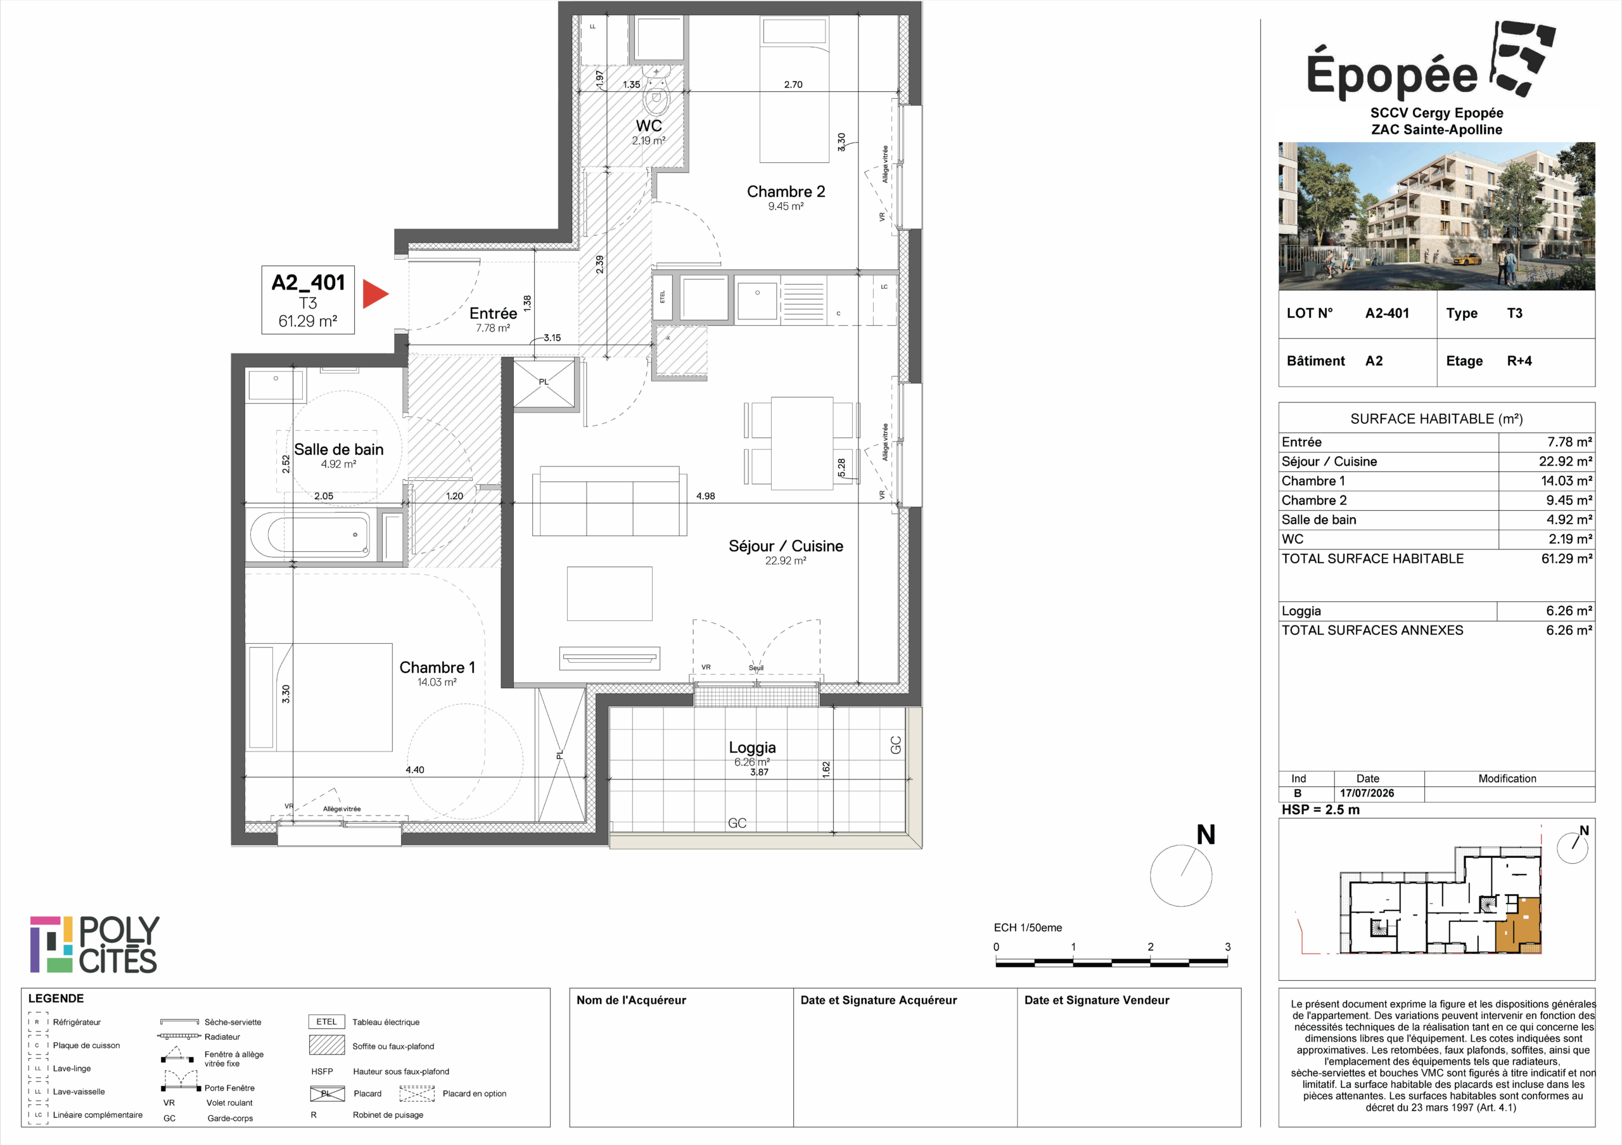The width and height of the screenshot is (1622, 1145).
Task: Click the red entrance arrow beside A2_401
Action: coord(374,294)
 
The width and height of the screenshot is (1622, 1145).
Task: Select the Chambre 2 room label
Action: coord(786,191)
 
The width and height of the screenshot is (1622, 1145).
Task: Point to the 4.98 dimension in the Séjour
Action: coord(705,496)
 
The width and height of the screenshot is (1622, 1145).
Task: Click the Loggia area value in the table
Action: coord(1569,611)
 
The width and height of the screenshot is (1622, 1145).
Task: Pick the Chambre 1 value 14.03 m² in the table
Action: coord(1566,481)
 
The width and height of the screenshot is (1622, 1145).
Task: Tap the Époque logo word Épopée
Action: coord(1392,74)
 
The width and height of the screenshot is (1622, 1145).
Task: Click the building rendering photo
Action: coord(1436,216)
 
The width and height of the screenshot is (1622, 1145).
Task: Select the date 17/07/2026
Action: coord(1367,793)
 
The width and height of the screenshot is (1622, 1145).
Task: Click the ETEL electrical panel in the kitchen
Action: coord(663,297)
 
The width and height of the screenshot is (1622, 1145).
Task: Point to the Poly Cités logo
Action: coord(94,944)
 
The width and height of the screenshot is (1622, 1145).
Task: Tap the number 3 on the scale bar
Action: coord(1227,947)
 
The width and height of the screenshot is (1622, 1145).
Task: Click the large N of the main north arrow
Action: coord(1206,835)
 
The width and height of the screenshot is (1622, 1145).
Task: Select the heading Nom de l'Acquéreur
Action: coord(631,1000)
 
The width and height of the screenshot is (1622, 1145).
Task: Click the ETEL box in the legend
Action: coord(326,1022)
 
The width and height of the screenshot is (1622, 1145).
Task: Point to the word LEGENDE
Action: coord(56,999)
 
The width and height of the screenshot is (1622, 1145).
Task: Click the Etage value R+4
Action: coord(1519,361)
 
